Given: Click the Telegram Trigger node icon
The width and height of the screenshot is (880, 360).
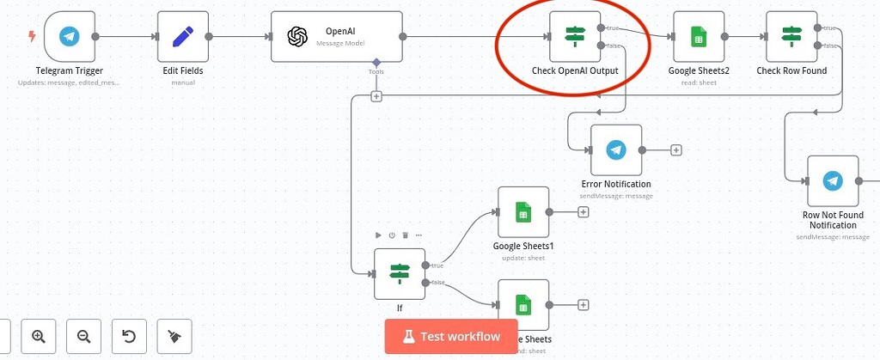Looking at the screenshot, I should pyautogui.click(x=69, y=37).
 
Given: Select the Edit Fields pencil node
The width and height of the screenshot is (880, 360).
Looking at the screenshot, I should pyautogui.click(x=183, y=37).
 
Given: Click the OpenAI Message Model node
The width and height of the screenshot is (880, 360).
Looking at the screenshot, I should pyautogui.click(x=336, y=37).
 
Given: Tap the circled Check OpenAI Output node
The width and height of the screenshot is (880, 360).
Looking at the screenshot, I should pyautogui.click(x=574, y=37).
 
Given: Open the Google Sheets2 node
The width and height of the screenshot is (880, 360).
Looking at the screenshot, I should pyautogui.click(x=698, y=37).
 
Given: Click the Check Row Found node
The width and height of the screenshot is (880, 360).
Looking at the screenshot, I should pyautogui.click(x=791, y=37).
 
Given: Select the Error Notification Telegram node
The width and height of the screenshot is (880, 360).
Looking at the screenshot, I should pyautogui.click(x=615, y=150).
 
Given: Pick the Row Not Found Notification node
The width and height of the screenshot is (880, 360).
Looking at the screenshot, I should pyautogui.click(x=832, y=181).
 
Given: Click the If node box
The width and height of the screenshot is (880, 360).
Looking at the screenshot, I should pyautogui.click(x=400, y=274).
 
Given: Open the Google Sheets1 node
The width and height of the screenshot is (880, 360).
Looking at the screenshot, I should pyautogui.click(x=522, y=212).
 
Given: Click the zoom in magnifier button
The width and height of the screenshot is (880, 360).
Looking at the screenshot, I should pyautogui.click(x=39, y=336).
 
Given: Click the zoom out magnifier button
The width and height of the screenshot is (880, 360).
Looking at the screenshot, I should pyautogui.click(x=83, y=336).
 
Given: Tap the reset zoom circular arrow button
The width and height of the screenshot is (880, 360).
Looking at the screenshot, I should pyautogui.click(x=129, y=336).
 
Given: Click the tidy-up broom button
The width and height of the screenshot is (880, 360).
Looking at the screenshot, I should pyautogui.click(x=174, y=336).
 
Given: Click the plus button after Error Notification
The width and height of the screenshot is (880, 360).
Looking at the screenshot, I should pyautogui.click(x=676, y=150).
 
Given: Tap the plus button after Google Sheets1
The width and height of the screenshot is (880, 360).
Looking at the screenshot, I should pyautogui.click(x=584, y=212).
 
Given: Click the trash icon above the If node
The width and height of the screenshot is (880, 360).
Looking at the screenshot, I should pyautogui.click(x=406, y=235).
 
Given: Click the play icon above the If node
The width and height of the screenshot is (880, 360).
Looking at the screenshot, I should pyautogui.click(x=379, y=235).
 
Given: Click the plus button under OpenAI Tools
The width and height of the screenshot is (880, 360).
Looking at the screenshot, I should pyautogui.click(x=376, y=96).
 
